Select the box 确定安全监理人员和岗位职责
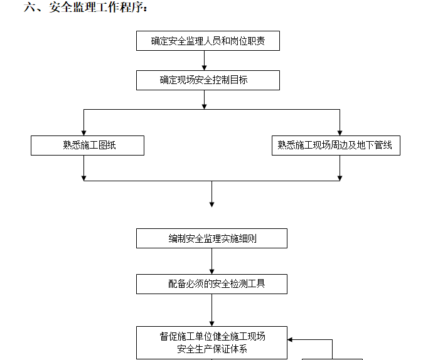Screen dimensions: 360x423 pos(208,41)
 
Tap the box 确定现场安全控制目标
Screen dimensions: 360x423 pos(208,80)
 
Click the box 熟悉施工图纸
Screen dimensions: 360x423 pos(87,146)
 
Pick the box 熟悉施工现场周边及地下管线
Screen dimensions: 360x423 pos(335,146)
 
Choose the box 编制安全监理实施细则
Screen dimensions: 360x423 pos(211,238)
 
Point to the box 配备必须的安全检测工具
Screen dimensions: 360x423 pos(211,284)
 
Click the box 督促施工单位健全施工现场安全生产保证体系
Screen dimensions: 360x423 pos(211,342)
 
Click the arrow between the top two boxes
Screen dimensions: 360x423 pos(204,61)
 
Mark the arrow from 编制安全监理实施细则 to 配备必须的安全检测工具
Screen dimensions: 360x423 pos(211,261)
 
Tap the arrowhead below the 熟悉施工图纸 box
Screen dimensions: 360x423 pos(83,177)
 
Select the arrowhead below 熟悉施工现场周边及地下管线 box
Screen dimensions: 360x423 pos(340,177)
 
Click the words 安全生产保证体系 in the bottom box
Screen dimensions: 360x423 pos(211,349)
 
